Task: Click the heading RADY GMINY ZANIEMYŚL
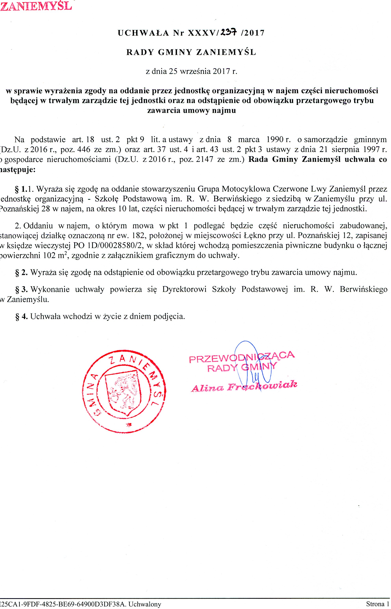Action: click(191, 52)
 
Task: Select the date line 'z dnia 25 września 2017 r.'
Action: click(191, 71)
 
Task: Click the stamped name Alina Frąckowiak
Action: click(244, 386)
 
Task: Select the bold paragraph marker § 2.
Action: click(22, 273)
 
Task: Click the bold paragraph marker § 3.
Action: click(22, 289)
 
